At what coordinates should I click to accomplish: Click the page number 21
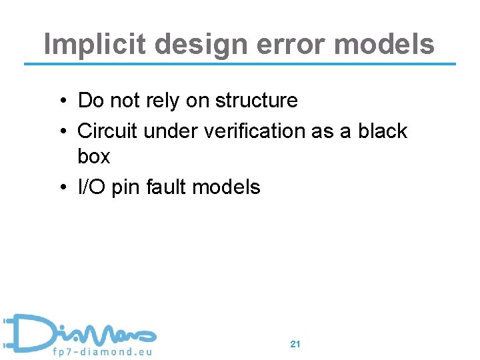click(x=296, y=345)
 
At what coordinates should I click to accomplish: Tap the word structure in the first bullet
click(x=257, y=101)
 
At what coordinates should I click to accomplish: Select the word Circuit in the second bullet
click(x=108, y=131)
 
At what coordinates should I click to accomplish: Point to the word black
click(x=383, y=131)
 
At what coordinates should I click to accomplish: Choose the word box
click(x=94, y=157)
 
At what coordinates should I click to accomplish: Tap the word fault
click(x=166, y=187)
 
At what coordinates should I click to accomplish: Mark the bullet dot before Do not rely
click(x=61, y=101)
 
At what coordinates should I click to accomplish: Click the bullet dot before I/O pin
click(x=61, y=188)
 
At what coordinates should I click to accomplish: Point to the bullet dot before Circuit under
click(x=61, y=132)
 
